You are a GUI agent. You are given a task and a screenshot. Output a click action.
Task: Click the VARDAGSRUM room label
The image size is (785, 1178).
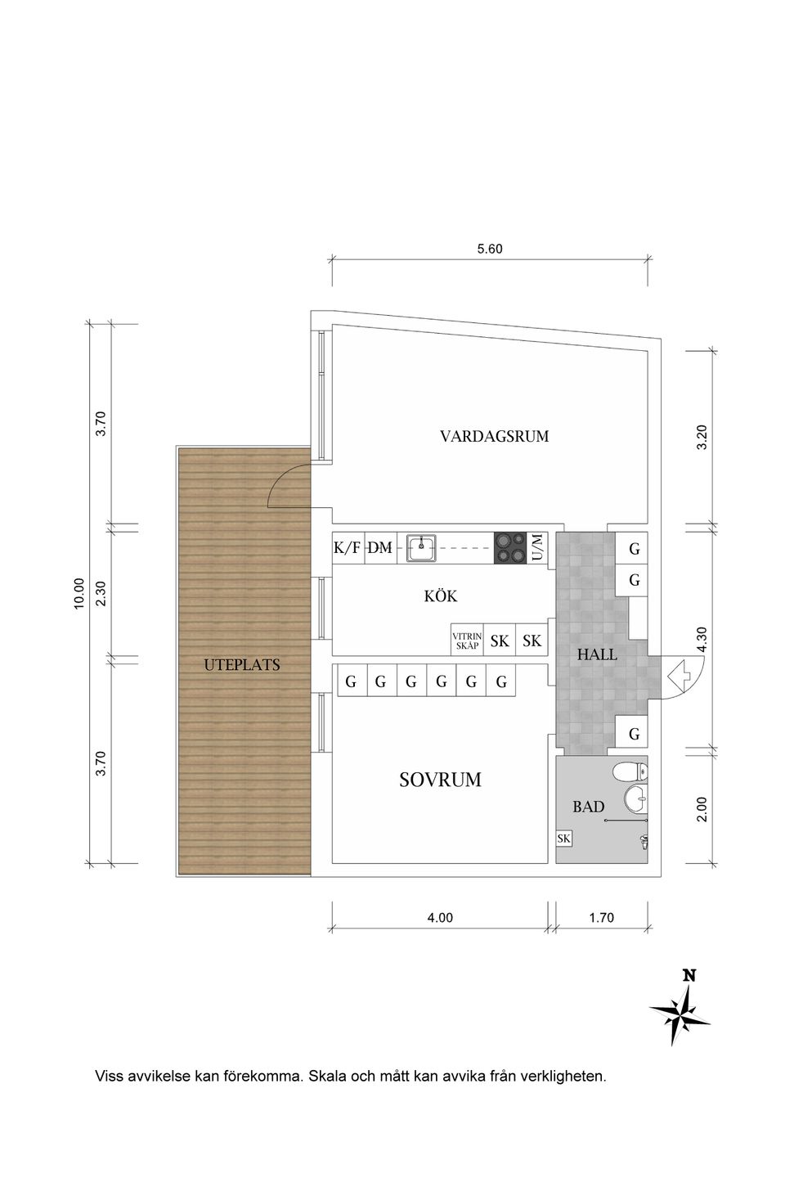click(494, 436)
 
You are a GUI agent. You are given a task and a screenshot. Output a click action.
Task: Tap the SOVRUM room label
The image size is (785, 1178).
click(440, 780)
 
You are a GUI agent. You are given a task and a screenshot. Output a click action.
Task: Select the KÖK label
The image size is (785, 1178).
click(440, 596)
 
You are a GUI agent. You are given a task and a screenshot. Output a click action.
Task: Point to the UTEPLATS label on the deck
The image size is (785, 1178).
click(242, 665)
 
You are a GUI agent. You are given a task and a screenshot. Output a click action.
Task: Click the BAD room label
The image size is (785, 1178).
click(588, 807)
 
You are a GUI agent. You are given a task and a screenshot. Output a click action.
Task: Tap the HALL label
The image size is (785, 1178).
click(597, 654)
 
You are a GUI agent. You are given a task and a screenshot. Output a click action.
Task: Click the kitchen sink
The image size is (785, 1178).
click(422, 548)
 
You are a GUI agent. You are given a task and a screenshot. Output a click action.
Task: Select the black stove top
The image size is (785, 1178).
click(510, 548)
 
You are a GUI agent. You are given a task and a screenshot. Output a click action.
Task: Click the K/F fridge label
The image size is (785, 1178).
click(347, 548)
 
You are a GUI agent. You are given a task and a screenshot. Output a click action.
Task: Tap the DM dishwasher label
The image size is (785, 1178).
click(379, 548)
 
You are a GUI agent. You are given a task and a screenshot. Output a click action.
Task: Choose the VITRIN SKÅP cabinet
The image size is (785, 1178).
click(467, 641)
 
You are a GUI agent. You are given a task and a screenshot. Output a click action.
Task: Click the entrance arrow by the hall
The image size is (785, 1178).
click(679, 676)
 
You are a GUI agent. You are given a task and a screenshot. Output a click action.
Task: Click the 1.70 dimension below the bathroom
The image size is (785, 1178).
click(601, 918)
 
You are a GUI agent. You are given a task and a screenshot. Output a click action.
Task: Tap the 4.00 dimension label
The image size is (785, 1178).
click(440, 918)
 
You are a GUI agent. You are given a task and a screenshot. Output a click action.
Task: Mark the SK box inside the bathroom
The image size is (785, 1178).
click(563, 839)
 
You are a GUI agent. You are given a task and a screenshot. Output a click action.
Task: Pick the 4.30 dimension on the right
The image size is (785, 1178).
click(701, 639)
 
